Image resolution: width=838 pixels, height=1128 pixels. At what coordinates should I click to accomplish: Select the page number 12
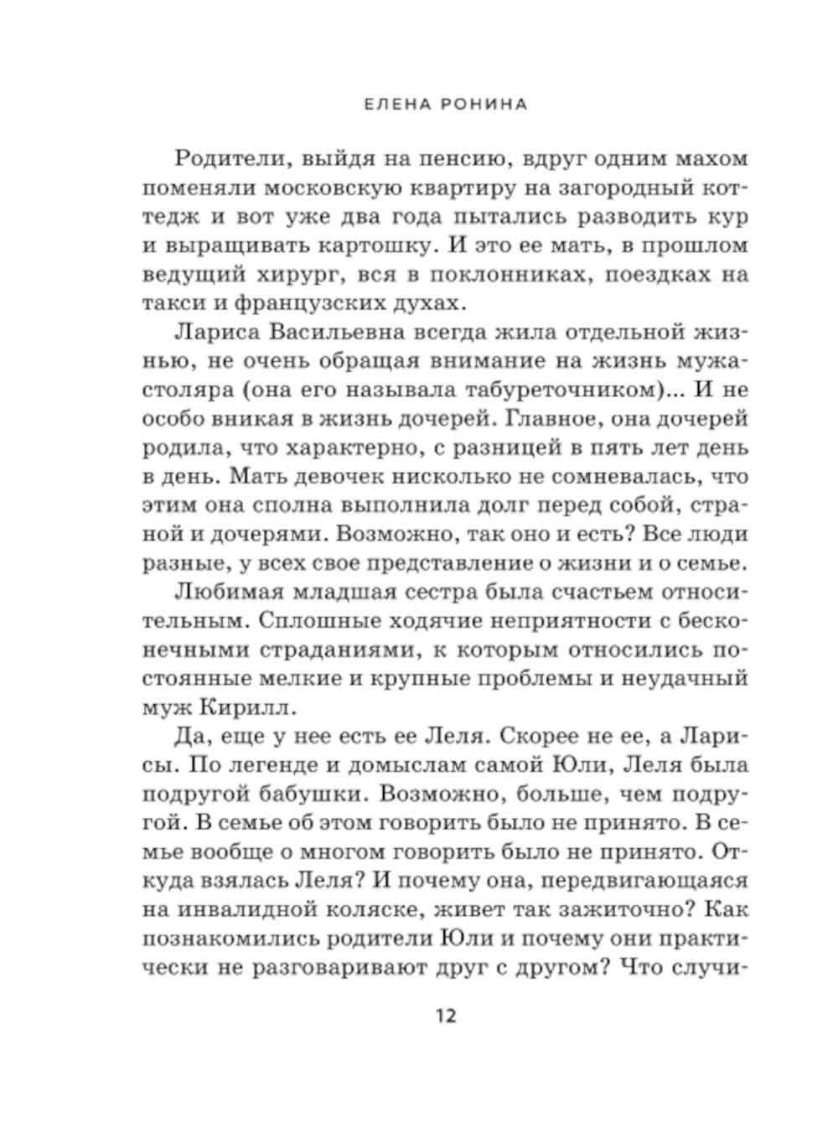[445, 1017]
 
